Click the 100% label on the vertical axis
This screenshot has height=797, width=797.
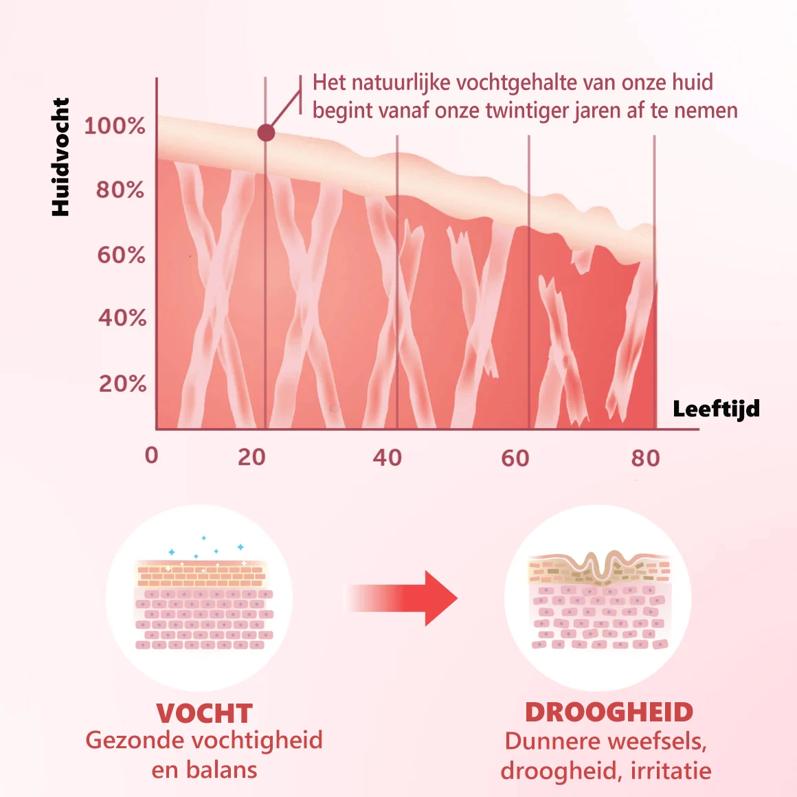pos(115,126)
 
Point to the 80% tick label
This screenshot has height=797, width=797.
pos(120,190)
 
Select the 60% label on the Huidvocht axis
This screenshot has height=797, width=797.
pos(121,256)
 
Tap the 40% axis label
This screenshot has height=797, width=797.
pos(122,318)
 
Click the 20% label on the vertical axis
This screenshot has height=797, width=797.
pos(122,383)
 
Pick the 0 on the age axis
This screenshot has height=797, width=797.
pos(152,456)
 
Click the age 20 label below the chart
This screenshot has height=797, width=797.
pos(251,457)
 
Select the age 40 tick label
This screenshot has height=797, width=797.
pos(387,458)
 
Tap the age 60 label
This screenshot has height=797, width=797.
pos(515,458)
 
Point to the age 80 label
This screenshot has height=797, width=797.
pos(645,458)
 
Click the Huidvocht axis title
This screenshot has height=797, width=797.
pos(60,157)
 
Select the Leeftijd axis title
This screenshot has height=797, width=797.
pos(716,409)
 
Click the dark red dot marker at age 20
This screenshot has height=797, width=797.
pos(266,133)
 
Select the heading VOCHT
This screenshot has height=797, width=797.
pos(204,713)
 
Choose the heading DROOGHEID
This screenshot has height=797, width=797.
pos(609,712)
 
